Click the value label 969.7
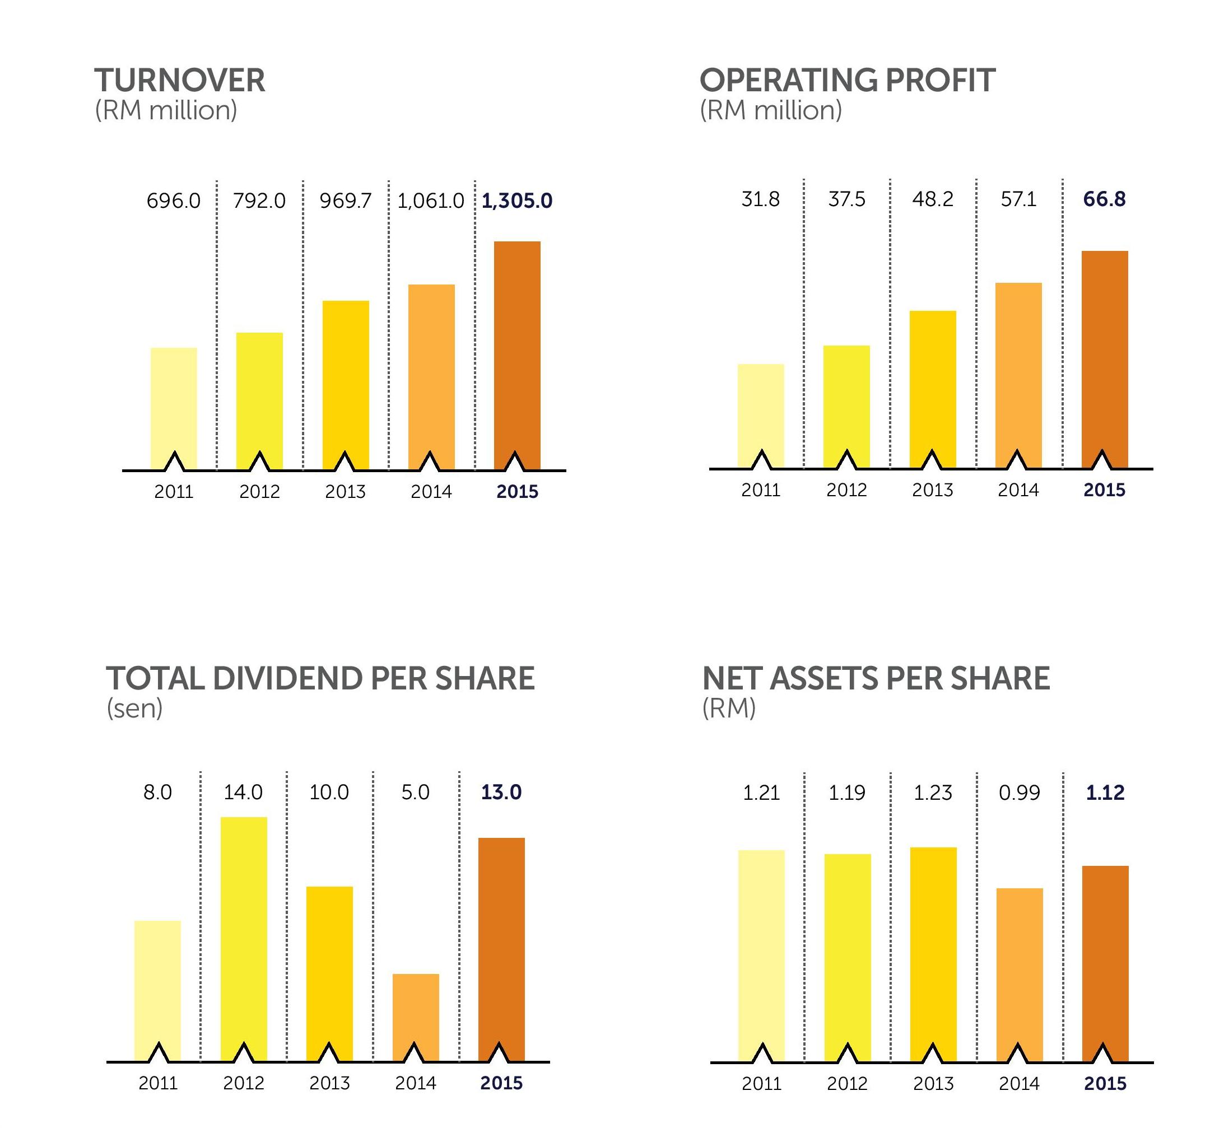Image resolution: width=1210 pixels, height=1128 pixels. [x=345, y=201]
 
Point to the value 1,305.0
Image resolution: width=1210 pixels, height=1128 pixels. [x=516, y=201]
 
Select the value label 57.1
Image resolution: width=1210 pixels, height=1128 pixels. [x=1018, y=199]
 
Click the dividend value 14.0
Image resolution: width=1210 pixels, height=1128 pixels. [x=243, y=792]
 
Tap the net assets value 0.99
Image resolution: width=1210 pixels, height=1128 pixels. [x=1019, y=793]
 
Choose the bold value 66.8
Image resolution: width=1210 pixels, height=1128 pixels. [x=1104, y=199]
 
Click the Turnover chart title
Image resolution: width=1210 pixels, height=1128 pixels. [x=180, y=80]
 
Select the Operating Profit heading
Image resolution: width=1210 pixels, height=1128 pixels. [x=847, y=80]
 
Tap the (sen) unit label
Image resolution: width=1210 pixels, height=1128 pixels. [x=134, y=708]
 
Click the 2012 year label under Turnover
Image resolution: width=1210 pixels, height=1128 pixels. [x=259, y=492]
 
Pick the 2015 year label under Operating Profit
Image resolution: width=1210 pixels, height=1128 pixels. [x=1104, y=490]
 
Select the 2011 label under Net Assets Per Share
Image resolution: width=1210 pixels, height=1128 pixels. [x=761, y=1084]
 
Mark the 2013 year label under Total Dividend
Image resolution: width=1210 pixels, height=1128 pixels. [x=329, y=1083]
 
